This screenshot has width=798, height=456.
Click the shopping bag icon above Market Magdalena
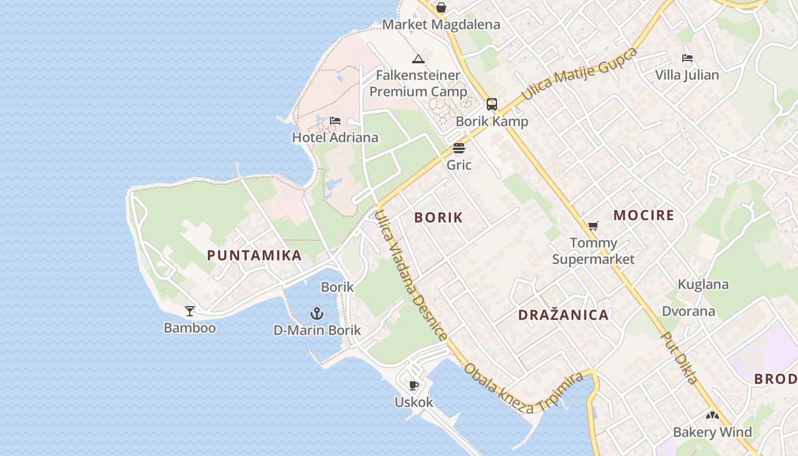[441, 7]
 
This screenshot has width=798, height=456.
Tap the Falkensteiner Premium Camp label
[418, 83]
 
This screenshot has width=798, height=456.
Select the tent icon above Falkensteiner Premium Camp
[418, 59]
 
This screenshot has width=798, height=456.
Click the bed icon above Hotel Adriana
[335, 121]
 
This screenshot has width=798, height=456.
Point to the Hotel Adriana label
[335, 137]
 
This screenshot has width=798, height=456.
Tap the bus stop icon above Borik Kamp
[492, 104]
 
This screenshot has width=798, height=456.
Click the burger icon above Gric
[459, 149]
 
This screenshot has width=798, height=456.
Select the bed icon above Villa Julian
[687, 58]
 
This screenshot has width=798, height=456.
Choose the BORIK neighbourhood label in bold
[439, 217]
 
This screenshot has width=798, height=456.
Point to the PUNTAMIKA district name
[254, 255]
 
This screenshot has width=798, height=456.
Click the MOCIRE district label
[644, 215]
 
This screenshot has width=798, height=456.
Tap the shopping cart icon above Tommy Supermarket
[593, 226]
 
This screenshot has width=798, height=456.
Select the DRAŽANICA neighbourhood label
[563, 315]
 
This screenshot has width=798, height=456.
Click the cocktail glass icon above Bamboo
[190, 311]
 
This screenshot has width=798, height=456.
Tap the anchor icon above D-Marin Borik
[317, 313]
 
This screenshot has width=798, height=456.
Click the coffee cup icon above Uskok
[414, 386]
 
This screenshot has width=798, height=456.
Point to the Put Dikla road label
[679, 357]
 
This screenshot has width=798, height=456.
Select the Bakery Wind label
[712, 432]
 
